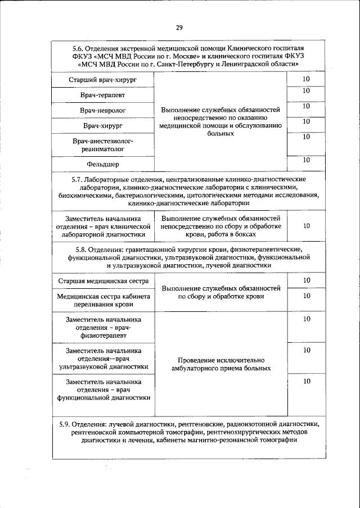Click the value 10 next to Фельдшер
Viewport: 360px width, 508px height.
point(306,160)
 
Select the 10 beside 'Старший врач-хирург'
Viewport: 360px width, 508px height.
point(306,79)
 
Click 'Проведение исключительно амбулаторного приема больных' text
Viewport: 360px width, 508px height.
point(220,364)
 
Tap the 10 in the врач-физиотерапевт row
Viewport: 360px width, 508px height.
point(306,319)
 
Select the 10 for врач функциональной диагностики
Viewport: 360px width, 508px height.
point(306,381)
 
